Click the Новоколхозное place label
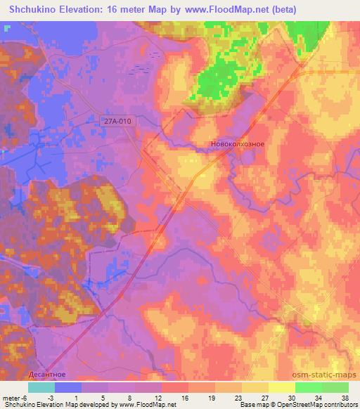(x=237, y=144)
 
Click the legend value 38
(x=345, y=397)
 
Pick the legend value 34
(x=320, y=397)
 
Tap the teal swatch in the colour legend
(x=41, y=387)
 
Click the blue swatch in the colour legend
(x=68, y=387)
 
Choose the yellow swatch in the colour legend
(x=282, y=387)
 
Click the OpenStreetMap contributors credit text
(x=318, y=405)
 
